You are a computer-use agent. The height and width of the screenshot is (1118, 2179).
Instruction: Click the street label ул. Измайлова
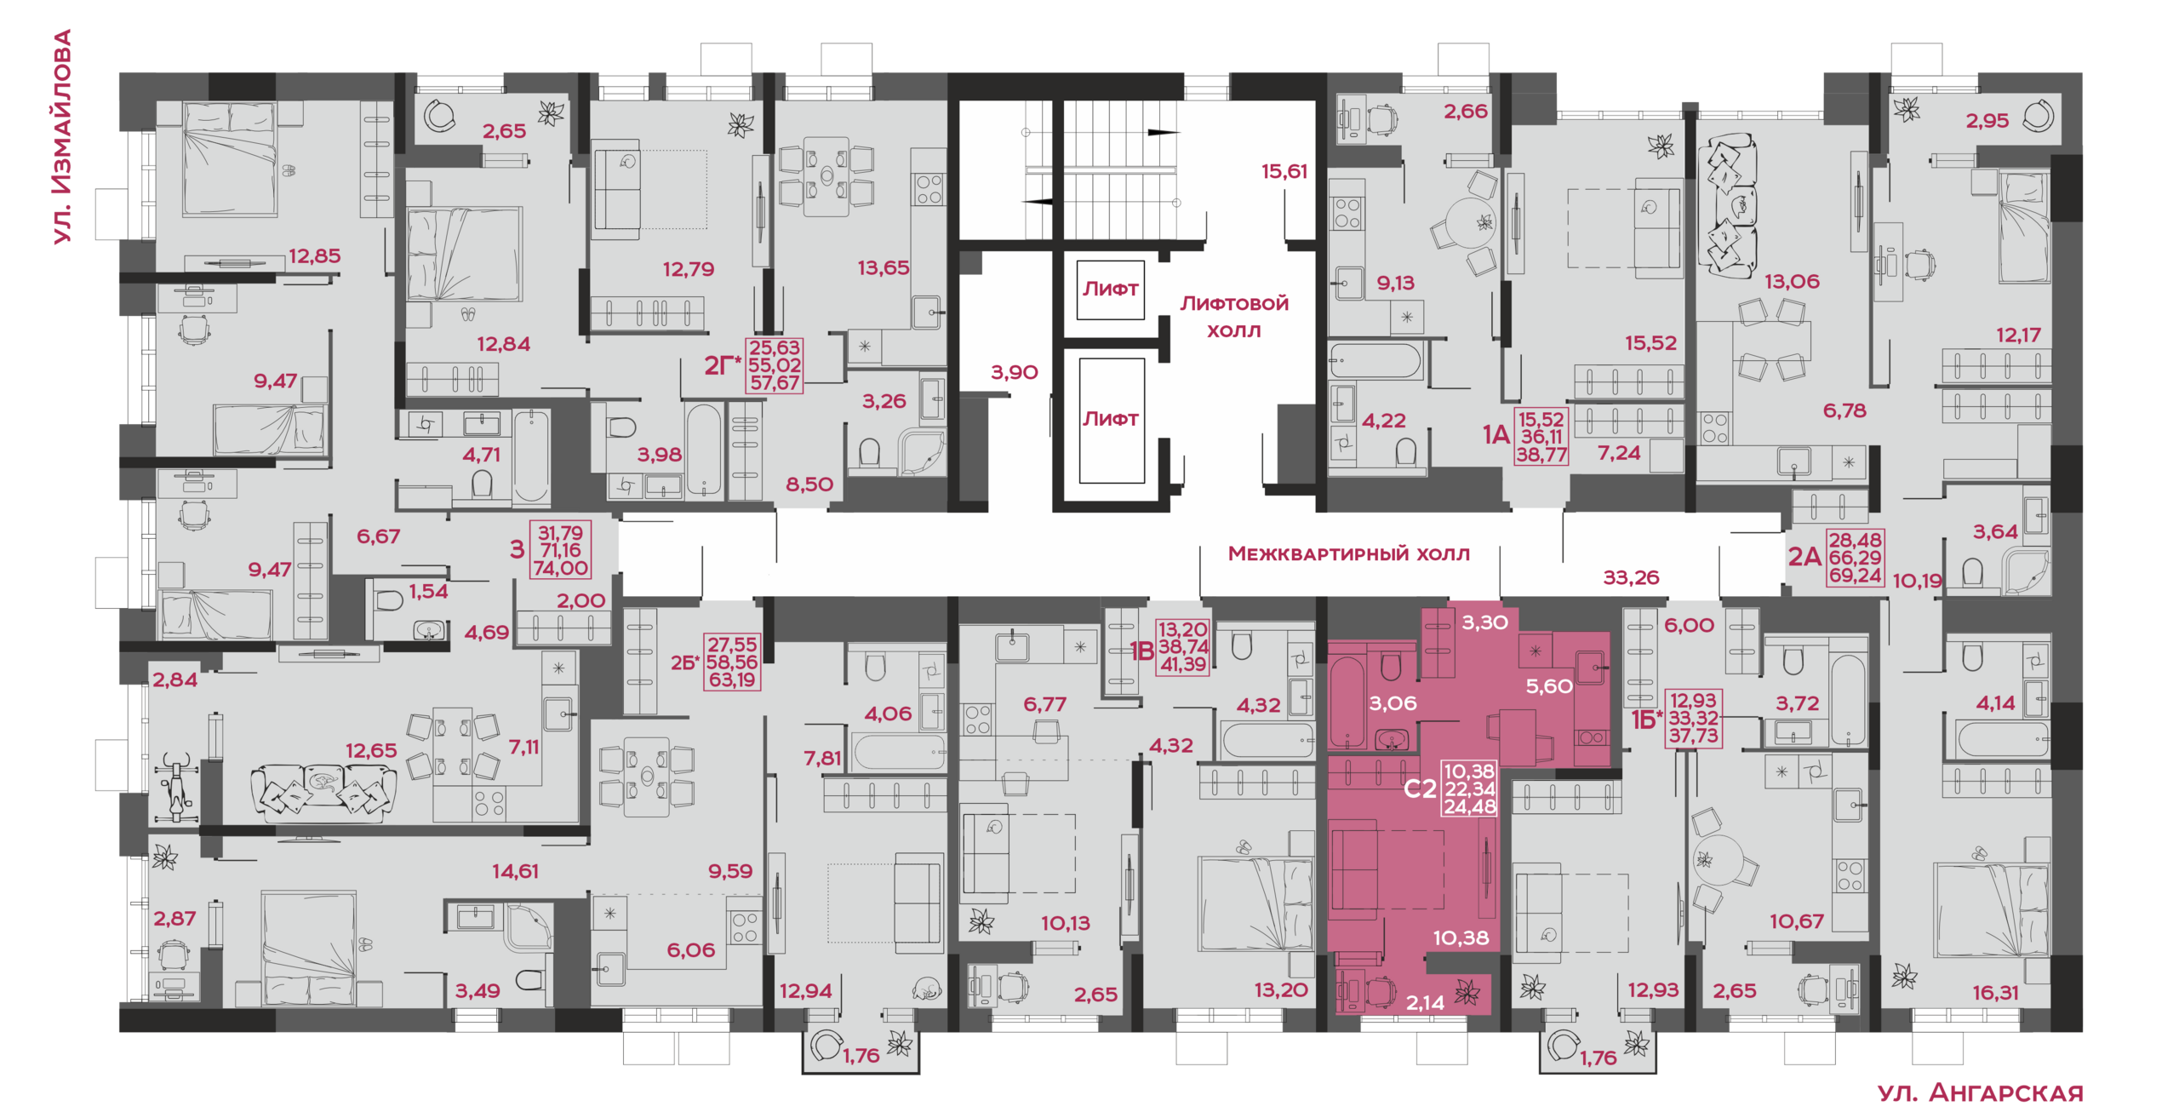[x=62, y=137]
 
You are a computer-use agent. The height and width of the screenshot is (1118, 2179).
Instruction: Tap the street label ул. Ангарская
[x=1981, y=1092]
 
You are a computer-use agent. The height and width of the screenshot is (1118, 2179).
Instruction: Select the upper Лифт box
[x=1110, y=290]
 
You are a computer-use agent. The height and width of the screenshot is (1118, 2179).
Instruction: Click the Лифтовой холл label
[x=1234, y=316]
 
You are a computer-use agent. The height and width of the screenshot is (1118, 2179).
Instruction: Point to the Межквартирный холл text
[x=1348, y=553]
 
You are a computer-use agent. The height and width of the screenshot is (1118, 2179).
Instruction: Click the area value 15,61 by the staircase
[x=1284, y=171]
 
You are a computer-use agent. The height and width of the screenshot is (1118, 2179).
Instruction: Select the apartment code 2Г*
[x=723, y=365]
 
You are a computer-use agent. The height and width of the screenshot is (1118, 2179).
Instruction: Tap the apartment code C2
[x=1420, y=789]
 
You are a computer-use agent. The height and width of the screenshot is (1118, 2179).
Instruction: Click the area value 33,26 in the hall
[x=1631, y=577]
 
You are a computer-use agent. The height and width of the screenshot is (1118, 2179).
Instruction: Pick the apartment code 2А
[x=1804, y=557]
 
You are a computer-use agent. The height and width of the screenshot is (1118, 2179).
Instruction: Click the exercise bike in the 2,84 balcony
[x=176, y=788]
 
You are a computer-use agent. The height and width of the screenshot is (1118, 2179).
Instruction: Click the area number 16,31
[x=1995, y=992]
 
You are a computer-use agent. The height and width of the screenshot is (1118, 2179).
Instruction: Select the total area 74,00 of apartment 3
[x=560, y=568]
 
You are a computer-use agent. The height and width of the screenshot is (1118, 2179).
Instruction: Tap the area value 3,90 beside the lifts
[x=1014, y=372]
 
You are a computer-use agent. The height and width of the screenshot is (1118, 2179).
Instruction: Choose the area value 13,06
[x=1792, y=281]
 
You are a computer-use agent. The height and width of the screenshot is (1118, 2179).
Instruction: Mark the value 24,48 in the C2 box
[x=1469, y=806]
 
